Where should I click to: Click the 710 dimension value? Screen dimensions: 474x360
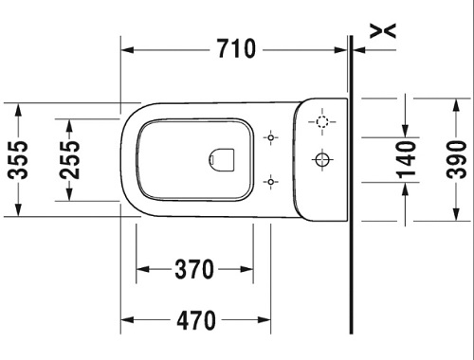coord(236,49)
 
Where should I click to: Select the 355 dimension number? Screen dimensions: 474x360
coord(18,160)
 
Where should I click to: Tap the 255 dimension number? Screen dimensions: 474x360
coord(70,160)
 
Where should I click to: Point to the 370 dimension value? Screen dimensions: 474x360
coord(194,269)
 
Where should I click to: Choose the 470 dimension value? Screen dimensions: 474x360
coord(196,320)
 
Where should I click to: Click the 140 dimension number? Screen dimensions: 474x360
coord(406,160)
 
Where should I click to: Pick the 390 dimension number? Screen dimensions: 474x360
coord(456,160)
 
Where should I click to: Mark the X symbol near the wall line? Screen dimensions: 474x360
coord(383,31)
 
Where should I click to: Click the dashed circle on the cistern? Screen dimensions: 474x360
coord(322,121)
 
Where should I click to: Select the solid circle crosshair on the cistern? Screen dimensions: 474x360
coord(322,159)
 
